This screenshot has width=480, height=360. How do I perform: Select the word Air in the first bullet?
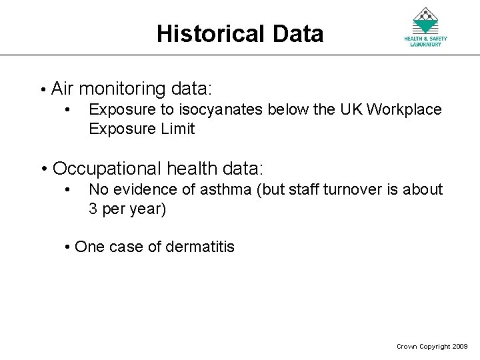(x=63, y=88)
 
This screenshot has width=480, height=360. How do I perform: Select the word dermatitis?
(x=200, y=247)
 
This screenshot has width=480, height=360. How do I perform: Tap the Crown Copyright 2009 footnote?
(x=432, y=347)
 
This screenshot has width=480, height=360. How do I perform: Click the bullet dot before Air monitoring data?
(x=41, y=89)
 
